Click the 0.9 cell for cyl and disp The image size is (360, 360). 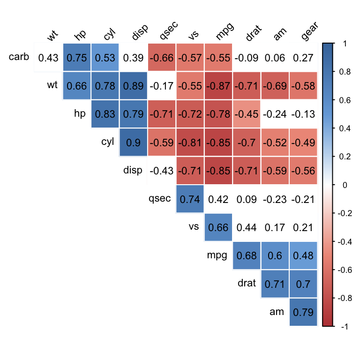click(134, 142)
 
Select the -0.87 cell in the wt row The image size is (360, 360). click(218, 86)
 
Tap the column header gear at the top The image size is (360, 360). click(308, 32)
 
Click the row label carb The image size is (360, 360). click(19, 57)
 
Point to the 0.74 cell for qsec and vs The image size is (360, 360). click(190, 199)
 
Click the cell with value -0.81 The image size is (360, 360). click(190, 142)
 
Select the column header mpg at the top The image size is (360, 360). click(225, 33)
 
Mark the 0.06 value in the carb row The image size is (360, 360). click(275, 58)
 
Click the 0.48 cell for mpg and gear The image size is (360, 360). click(303, 255)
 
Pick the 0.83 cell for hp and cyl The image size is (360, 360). click(105, 114)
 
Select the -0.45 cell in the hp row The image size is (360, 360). click(247, 114)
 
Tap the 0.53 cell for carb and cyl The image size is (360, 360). click(105, 58)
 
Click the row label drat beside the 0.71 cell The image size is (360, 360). click(247, 283)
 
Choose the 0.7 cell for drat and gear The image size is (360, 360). click(303, 284)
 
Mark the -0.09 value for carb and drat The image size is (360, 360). click(247, 58)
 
